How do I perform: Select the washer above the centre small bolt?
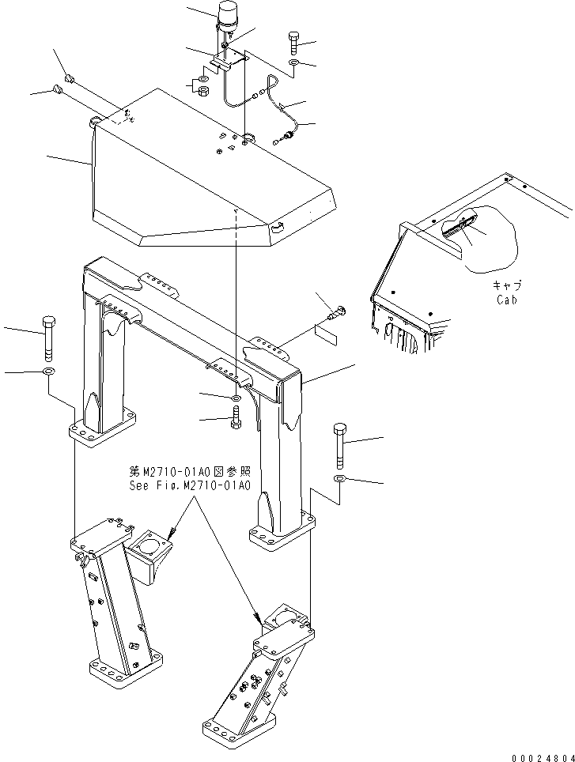[x=236, y=397]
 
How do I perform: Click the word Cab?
[x=507, y=300]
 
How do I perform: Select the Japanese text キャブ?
[x=507, y=286]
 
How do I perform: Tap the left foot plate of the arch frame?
[x=100, y=433]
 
